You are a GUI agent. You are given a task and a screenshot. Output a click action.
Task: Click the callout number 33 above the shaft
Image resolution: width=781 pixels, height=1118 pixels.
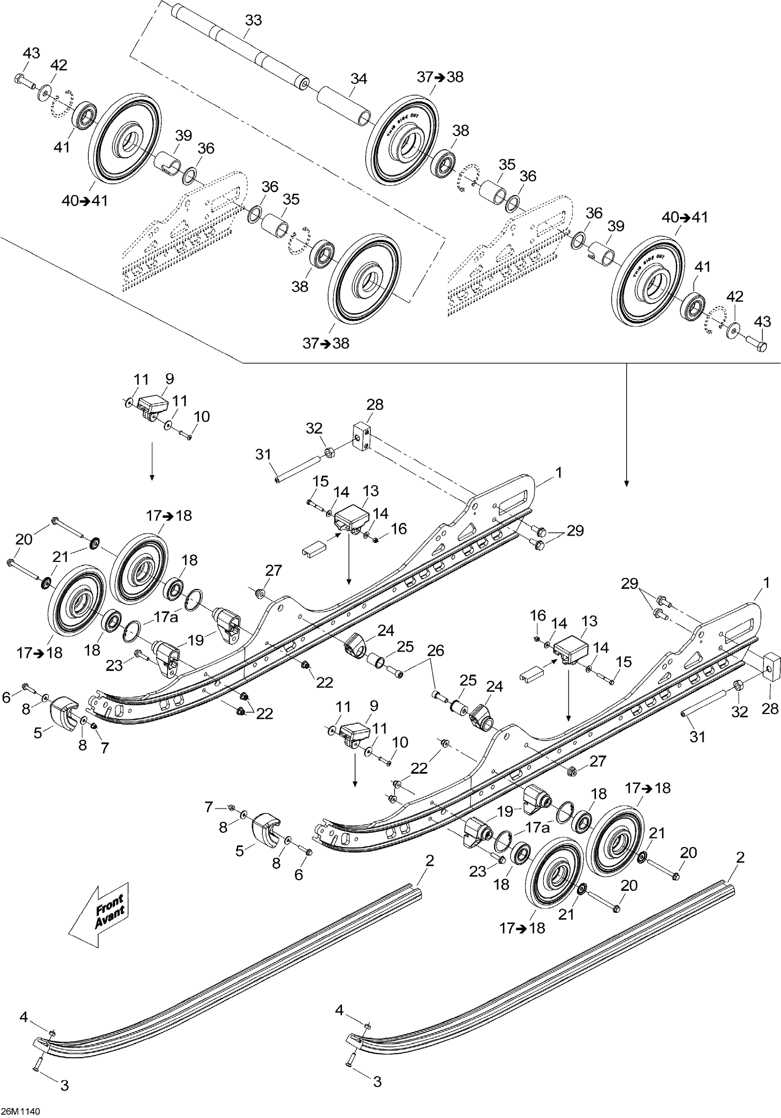click(253, 20)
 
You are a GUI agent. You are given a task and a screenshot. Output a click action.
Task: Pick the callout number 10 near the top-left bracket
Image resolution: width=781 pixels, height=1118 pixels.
click(202, 417)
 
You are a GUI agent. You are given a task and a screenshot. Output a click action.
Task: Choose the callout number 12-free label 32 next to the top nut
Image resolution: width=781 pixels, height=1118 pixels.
click(314, 429)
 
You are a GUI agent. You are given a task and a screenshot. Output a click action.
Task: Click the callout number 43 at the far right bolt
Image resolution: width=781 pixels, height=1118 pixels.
click(762, 322)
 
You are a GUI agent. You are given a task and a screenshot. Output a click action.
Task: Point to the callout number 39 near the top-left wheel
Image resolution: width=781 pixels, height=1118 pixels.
click(183, 136)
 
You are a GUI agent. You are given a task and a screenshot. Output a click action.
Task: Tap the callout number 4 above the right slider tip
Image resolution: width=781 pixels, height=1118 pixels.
click(339, 1010)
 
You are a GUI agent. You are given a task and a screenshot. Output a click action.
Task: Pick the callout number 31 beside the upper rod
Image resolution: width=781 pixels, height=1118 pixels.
click(263, 454)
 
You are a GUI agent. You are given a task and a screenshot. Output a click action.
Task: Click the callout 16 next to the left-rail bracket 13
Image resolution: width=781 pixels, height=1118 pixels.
click(399, 529)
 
